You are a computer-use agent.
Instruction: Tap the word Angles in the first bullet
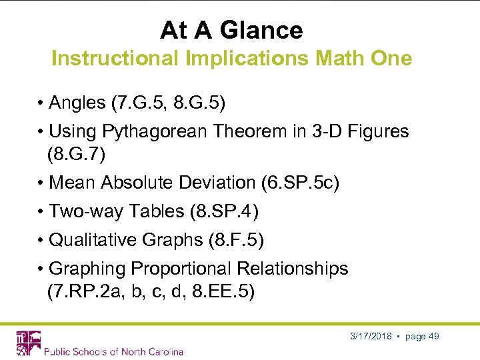coord(77,103)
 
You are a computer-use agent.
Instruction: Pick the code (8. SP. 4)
coord(225,211)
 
